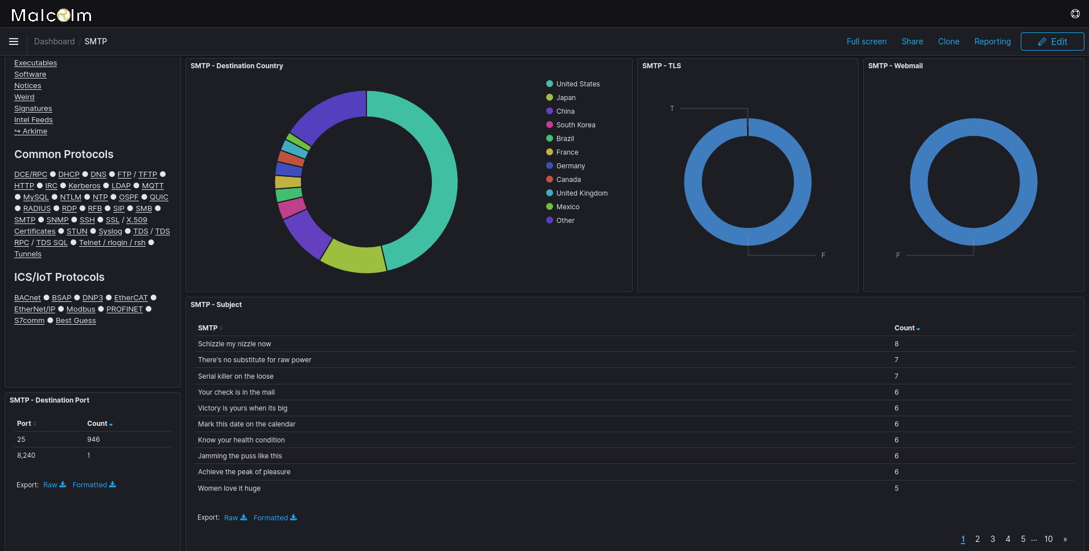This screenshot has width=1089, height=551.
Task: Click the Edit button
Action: point(1052,42)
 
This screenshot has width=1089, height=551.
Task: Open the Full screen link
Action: point(866,42)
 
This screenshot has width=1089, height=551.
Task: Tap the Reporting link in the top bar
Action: point(992,42)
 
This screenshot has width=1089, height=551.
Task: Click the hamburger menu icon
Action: point(14,42)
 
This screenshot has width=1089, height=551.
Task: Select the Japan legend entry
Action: point(566,98)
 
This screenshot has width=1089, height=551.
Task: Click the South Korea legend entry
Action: point(575,125)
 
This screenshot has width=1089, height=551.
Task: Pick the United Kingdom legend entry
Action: point(581,193)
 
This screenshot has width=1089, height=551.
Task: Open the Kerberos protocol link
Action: point(84,186)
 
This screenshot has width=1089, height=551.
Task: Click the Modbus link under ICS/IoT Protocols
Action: point(81,309)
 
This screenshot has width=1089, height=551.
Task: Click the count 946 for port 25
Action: point(93,440)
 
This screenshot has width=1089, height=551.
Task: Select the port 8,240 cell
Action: point(26,455)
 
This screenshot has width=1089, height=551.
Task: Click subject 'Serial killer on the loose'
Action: point(236,376)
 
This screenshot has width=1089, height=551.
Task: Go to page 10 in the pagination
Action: point(1048,539)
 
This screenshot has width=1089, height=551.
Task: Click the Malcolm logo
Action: point(51,15)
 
